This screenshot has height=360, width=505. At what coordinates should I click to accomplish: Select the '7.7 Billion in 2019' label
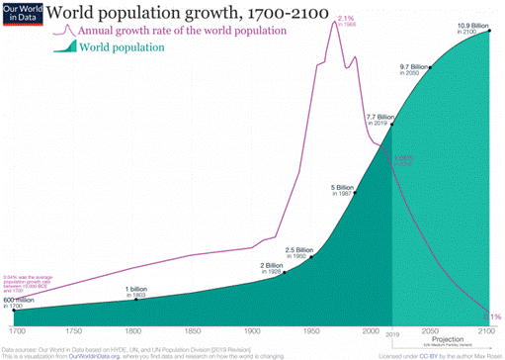coord(380,121)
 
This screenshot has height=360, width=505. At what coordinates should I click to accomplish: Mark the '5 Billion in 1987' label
coord(342,189)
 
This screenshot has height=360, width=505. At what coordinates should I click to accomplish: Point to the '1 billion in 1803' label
coord(136,292)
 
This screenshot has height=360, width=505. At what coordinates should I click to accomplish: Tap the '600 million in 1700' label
coord(19,302)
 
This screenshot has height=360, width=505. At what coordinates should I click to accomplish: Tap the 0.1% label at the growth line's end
coord(494,316)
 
